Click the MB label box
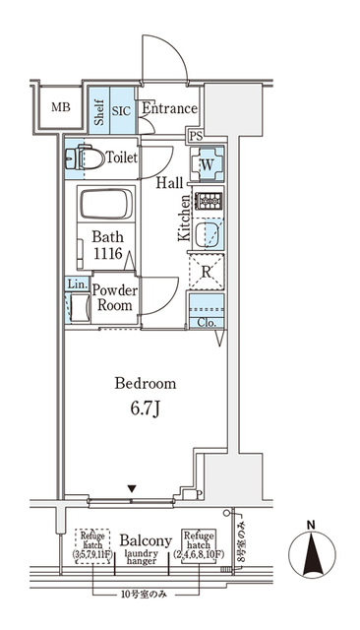59,107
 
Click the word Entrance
169,109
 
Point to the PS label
196,136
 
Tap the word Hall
169,183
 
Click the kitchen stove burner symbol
208,202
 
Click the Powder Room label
115,298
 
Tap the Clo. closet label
206,322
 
